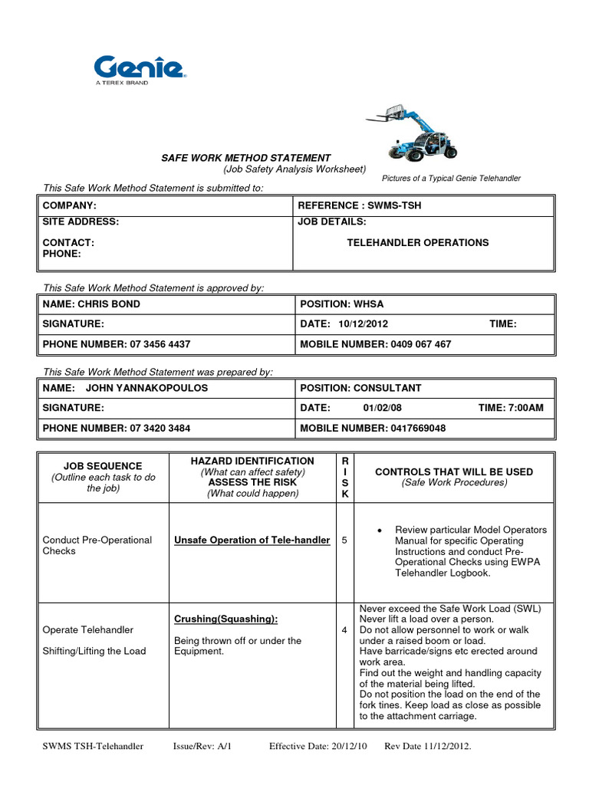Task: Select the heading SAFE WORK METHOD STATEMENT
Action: (245, 158)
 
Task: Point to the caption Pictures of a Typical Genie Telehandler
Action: (451, 178)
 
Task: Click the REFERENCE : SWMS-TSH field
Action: (360, 206)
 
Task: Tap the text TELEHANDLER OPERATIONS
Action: (417, 242)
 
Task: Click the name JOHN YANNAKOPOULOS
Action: (146, 388)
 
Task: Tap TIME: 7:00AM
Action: (510, 408)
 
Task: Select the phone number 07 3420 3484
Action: (160, 428)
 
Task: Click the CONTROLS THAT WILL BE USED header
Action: (453, 472)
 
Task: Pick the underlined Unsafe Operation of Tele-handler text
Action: (252, 540)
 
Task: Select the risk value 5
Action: (344, 540)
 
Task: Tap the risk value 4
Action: (344, 629)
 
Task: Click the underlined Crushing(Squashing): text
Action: (226, 619)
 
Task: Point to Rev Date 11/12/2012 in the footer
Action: (428, 746)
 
